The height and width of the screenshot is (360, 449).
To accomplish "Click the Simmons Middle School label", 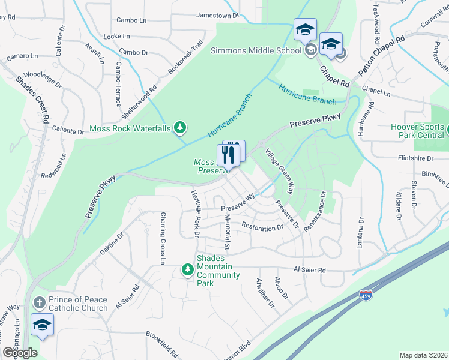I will coord(255,50).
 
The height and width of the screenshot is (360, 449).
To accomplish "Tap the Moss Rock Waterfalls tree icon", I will coord(179,127).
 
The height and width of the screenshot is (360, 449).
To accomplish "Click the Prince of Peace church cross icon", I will coord(40,302).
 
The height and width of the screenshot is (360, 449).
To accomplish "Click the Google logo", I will coord(20,353).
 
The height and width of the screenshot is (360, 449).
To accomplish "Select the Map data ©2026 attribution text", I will coord(423,355).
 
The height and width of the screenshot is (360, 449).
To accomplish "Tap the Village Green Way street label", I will coord(280,171).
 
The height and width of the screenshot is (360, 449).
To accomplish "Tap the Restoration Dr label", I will coord(262,227).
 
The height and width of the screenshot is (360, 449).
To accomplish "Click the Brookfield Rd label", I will coord(163,338).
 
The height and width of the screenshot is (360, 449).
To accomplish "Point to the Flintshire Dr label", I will coord(415,158).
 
